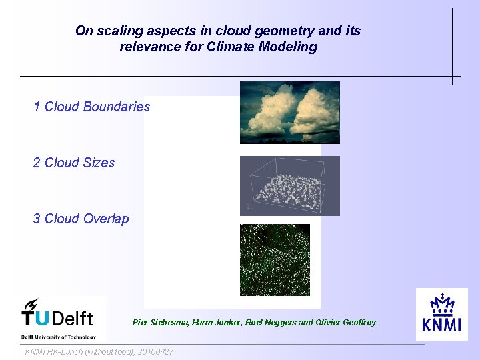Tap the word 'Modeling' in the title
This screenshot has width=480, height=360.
(x=294, y=47)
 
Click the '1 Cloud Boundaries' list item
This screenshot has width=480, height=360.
(x=92, y=107)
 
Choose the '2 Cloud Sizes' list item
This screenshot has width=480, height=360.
(x=74, y=163)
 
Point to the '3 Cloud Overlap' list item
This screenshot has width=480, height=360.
(x=81, y=219)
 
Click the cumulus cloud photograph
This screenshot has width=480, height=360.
(x=289, y=112)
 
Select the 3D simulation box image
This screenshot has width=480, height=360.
(x=289, y=186)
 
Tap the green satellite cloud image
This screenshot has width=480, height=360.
(x=275, y=259)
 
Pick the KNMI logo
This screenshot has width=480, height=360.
(x=441, y=314)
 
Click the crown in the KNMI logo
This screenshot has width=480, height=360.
(x=441, y=304)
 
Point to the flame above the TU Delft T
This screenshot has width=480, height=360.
(x=31, y=304)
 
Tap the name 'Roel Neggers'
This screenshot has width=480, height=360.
(x=271, y=323)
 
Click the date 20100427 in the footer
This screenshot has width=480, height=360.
(x=155, y=351)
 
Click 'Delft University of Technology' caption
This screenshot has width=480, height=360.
(x=59, y=337)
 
